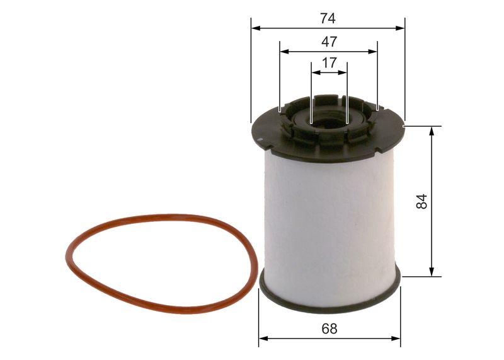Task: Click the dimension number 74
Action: point(328,18)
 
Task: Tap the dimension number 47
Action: point(329,42)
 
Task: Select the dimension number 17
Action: point(329,63)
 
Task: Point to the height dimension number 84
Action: point(421,201)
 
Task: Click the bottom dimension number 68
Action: point(329,328)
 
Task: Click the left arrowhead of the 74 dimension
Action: point(255,28)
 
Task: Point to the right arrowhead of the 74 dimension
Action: point(401,28)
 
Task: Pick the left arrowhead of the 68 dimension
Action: point(263,339)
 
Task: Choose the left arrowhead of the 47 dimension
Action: point(283,52)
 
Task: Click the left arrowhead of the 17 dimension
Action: point(314,73)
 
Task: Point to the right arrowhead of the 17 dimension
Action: point(343,73)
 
